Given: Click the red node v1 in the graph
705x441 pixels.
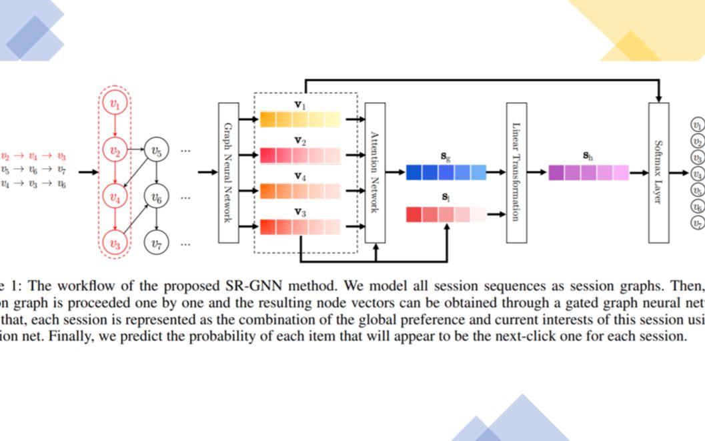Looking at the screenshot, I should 115,104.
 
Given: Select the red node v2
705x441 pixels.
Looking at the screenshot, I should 115,151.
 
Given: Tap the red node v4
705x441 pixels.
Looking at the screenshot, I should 115,197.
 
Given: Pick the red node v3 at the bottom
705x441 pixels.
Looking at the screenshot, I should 115,244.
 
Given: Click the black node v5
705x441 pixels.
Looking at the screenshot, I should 157,151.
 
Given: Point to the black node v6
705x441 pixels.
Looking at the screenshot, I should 157,197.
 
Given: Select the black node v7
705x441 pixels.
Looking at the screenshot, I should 157,244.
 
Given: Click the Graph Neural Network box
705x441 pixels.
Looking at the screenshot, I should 227,172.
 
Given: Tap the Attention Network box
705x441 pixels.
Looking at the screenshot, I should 375,172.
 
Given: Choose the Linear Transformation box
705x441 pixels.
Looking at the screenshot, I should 516,172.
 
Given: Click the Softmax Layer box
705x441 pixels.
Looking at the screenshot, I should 658,172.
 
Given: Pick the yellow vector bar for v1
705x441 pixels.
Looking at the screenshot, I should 300,119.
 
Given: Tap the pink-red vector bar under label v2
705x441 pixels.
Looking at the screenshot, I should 300,155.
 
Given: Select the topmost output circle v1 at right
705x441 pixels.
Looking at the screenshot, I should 698,124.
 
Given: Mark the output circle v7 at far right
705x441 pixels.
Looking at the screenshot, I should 698,224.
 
